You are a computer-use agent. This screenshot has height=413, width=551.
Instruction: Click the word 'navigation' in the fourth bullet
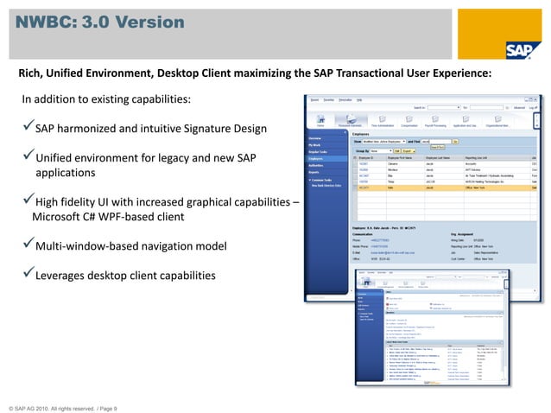click(x=167, y=247)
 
